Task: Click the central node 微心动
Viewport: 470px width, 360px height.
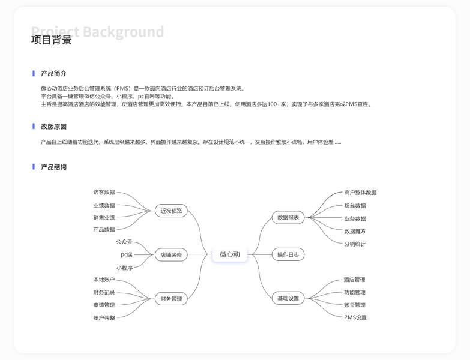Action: (x=230, y=254)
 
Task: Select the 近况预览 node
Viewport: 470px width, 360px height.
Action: (x=171, y=211)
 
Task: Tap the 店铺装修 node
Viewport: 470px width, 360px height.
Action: (x=171, y=254)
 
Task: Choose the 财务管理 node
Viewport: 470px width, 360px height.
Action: (x=171, y=298)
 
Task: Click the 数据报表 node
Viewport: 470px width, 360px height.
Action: (x=288, y=217)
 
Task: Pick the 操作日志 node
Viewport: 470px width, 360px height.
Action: (x=288, y=254)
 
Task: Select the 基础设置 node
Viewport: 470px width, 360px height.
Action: (x=288, y=298)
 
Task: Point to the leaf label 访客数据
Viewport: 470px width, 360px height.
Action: (x=104, y=193)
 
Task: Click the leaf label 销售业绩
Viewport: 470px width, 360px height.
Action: (x=104, y=217)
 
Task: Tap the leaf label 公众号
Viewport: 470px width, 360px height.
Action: (x=124, y=242)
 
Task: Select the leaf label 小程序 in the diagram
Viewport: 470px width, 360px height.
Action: (x=124, y=268)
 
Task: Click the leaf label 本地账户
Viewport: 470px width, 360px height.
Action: (x=104, y=280)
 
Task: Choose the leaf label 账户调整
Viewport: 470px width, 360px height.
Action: (x=104, y=317)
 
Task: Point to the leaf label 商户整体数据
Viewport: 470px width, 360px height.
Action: (x=360, y=193)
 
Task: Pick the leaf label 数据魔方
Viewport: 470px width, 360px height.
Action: (x=355, y=231)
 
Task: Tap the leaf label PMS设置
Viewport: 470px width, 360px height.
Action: (x=355, y=317)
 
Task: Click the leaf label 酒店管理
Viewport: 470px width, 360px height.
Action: (x=354, y=280)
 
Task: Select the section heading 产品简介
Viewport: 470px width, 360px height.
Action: (x=53, y=73)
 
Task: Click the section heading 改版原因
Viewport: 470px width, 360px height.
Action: (x=53, y=127)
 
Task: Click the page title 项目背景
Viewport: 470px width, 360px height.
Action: (x=52, y=40)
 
